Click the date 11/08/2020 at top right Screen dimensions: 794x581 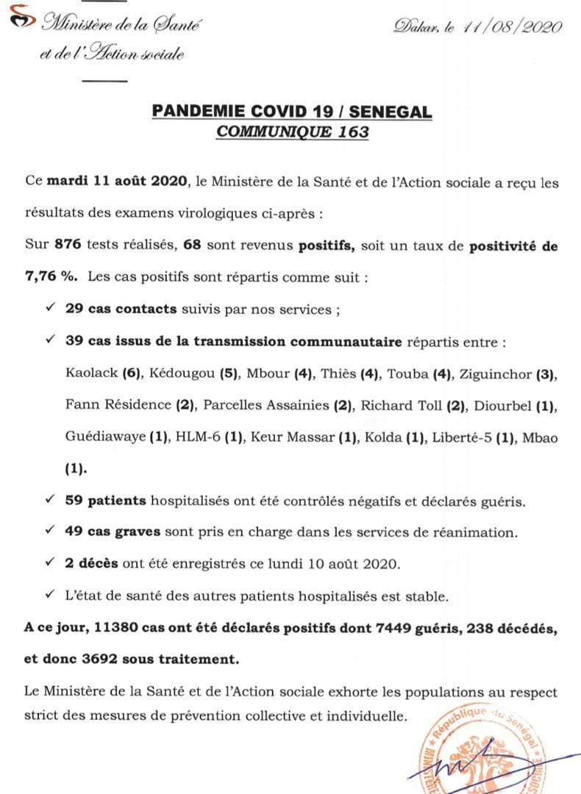[513, 27]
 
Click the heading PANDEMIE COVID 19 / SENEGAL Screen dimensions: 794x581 [291, 112]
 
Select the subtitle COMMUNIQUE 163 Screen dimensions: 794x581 [291, 133]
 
